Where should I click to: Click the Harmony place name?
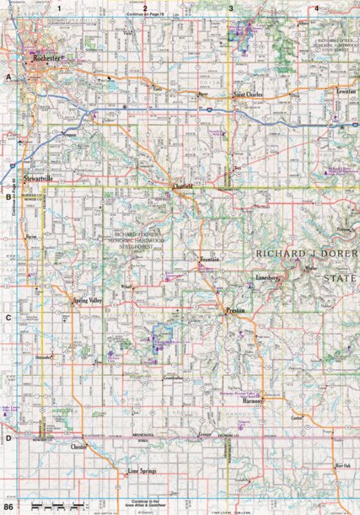click(252, 401)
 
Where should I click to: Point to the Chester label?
click(79, 447)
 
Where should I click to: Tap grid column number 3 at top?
click(232, 8)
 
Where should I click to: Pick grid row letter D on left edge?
click(8, 437)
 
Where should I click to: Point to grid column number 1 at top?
click(60, 8)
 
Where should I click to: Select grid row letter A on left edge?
click(8, 77)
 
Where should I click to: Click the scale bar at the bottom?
click(51, 505)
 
